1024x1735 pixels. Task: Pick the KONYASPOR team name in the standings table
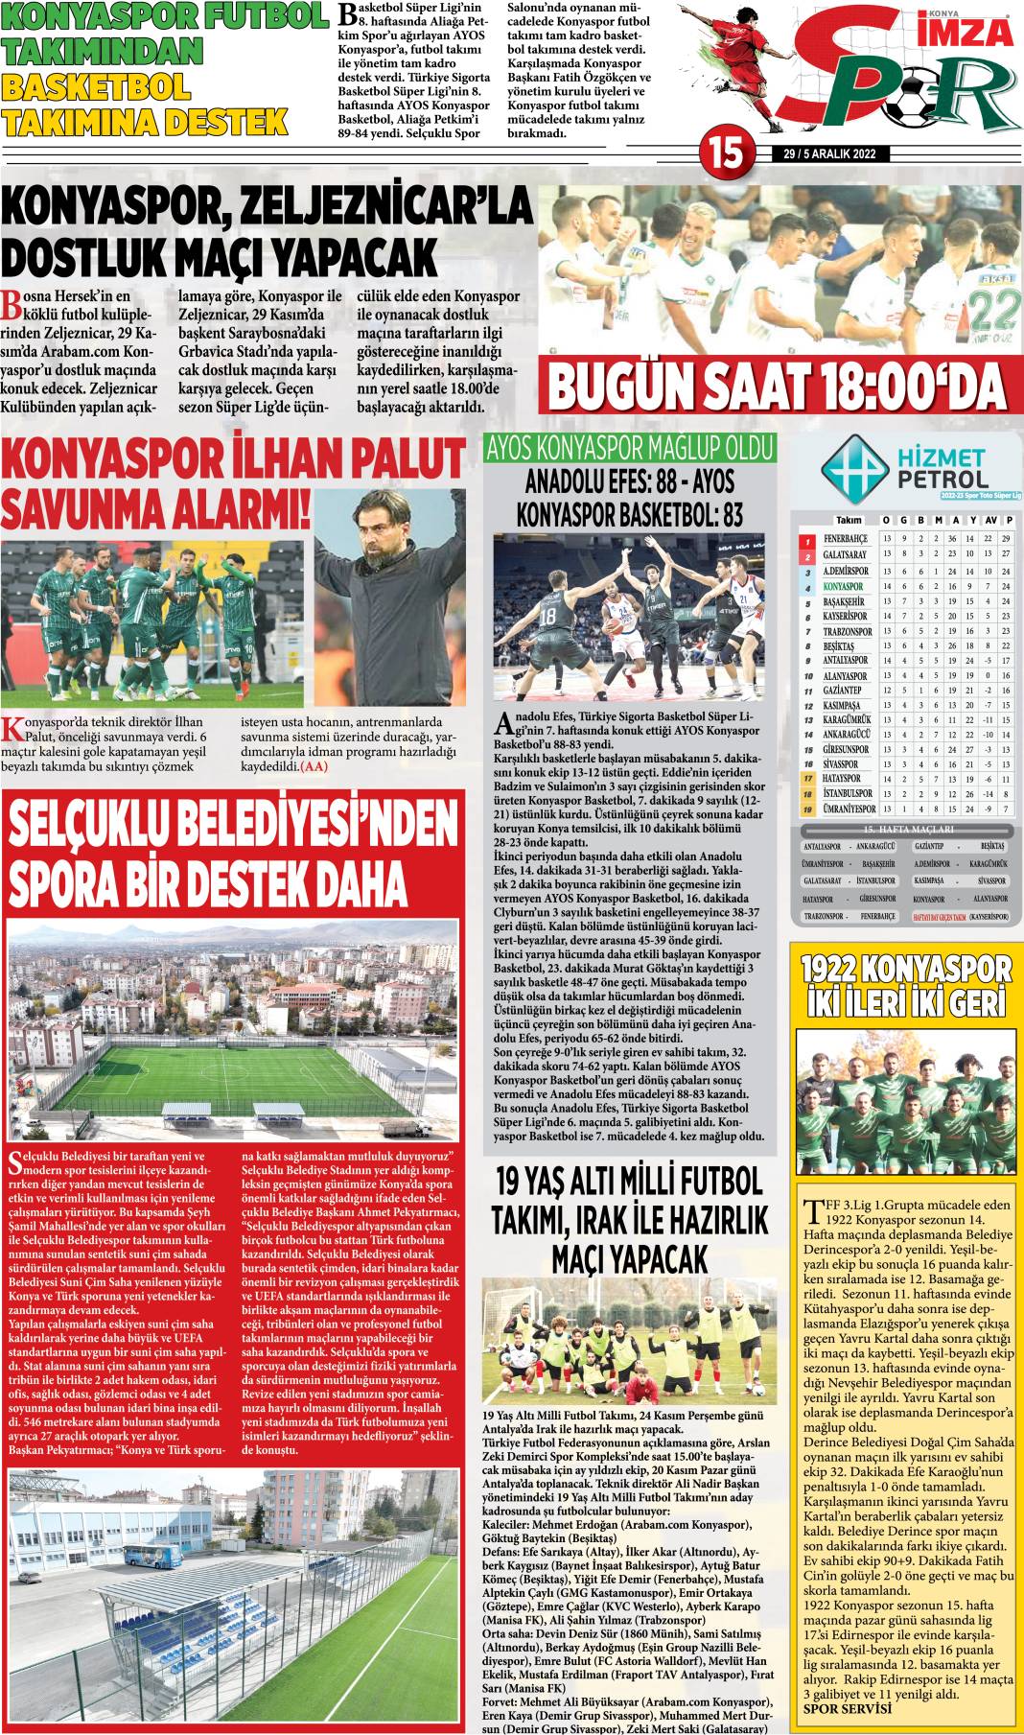tap(844, 586)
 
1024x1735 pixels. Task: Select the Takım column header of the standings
tap(849, 520)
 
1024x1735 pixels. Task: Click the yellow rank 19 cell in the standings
tap(808, 809)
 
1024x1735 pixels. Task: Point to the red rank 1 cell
tap(808, 540)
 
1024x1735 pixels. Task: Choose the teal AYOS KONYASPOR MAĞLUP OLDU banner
tap(629, 448)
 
